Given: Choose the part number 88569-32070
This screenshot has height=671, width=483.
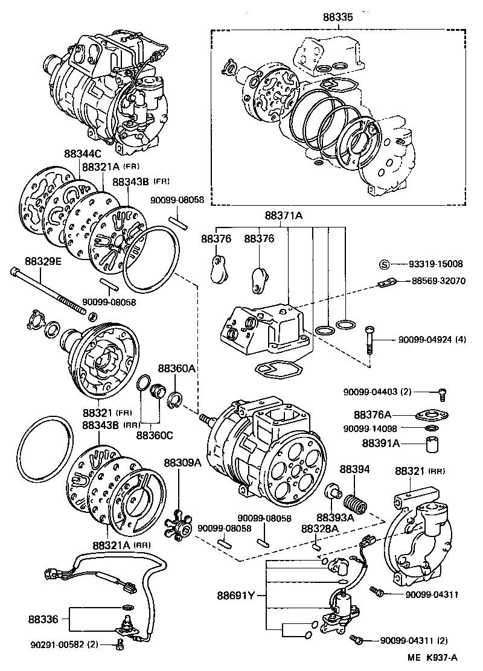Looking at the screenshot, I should [x=439, y=281].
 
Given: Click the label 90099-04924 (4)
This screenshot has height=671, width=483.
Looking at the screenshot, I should [x=432, y=340].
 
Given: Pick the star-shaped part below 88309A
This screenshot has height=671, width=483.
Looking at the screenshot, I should [x=179, y=523].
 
